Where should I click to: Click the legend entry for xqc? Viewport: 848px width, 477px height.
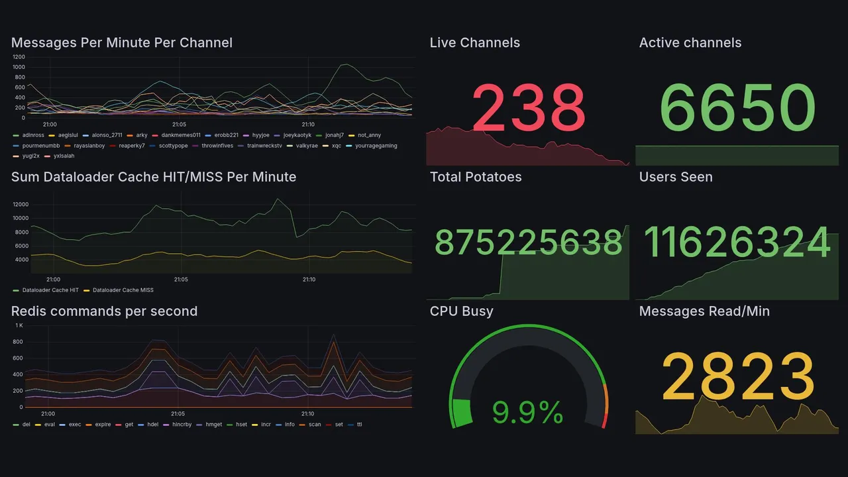pyautogui.click(x=336, y=146)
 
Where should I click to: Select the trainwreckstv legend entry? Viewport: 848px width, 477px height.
pyautogui.click(x=265, y=146)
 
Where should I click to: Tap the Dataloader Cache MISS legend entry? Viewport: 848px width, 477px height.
pyautogui.click(x=123, y=290)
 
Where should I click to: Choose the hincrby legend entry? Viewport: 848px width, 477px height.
pyautogui.click(x=182, y=424)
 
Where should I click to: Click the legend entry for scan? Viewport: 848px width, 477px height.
pyautogui.click(x=315, y=424)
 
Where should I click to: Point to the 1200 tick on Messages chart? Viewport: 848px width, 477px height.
pyautogui.click(x=19, y=57)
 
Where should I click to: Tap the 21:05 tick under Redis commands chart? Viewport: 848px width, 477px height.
pyautogui.click(x=178, y=414)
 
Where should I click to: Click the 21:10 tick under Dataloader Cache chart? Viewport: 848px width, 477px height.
pyautogui.click(x=309, y=280)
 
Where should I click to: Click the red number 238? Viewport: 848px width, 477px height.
pyautogui.click(x=528, y=108)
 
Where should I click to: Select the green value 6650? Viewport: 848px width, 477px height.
pyautogui.click(x=737, y=108)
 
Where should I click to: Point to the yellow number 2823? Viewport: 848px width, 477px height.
pyautogui.click(x=737, y=376)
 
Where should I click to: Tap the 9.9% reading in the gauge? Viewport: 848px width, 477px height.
pyautogui.click(x=528, y=413)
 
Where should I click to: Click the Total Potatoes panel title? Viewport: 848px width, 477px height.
pyautogui.click(x=476, y=177)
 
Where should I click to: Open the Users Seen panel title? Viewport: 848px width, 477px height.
pyautogui.click(x=676, y=177)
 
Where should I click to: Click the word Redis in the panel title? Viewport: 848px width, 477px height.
pyautogui.click(x=29, y=311)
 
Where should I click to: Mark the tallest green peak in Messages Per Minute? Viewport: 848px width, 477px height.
pyautogui.click(x=345, y=64)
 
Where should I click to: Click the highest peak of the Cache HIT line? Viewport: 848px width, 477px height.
pyautogui.click(x=278, y=199)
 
